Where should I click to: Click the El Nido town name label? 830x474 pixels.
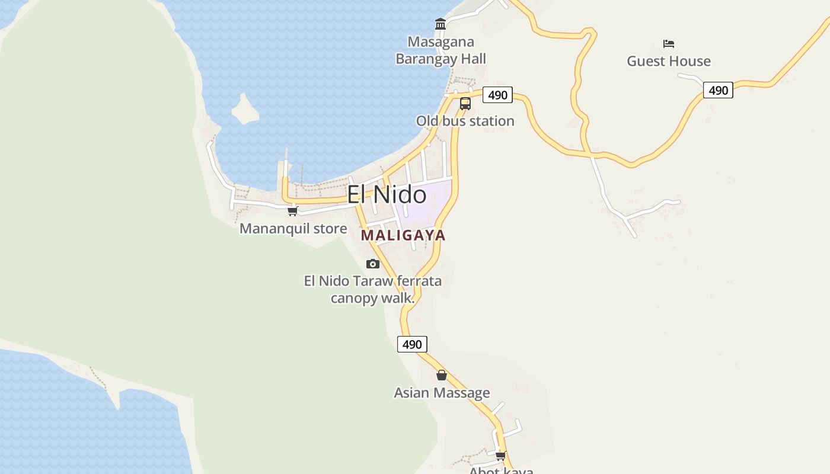click(387, 195)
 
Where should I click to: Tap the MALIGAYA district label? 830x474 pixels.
click(403, 235)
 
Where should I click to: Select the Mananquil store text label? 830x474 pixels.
click(293, 229)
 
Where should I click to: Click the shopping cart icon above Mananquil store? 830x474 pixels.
click(292, 211)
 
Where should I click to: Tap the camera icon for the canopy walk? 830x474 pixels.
click(373, 264)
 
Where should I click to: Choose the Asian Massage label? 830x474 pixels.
click(442, 393)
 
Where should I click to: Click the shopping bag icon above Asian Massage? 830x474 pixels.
click(442, 375)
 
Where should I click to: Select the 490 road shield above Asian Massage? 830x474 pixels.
click(412, 344)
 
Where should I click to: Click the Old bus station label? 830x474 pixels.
click(465, 121)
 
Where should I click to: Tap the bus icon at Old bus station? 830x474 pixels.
click(465, 104)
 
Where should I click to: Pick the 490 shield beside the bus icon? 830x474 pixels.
click(497, 95)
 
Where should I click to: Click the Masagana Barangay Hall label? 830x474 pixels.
click(440, 50)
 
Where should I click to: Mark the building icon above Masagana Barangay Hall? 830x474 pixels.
click(440, 24)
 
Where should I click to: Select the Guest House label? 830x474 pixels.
click(669, 61)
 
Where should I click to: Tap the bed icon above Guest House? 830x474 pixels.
click(669, 44)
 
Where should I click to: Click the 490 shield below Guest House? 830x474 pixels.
click(718, 90)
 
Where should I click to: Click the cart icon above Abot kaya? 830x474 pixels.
click(501, 456)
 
